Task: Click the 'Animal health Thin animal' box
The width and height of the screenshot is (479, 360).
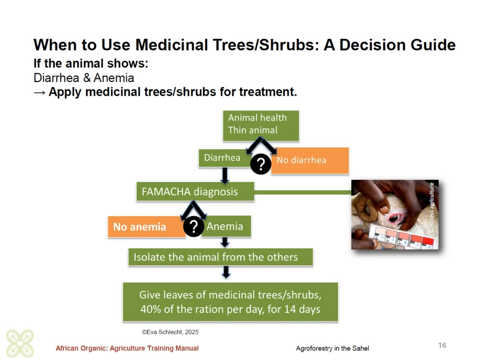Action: click(x=261, y=126)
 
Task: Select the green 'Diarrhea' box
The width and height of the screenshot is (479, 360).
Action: click(x=225, y=158)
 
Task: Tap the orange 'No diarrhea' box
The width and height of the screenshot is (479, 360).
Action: click(x=310, y=161)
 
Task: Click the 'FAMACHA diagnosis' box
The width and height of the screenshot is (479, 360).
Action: click(x=195, y=192)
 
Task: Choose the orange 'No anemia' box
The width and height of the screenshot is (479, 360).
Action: click(x=147, y=227)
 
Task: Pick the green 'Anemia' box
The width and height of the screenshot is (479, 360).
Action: click(x=226, y=226)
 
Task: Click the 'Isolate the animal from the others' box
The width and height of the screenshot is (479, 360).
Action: click(x=221, y=257)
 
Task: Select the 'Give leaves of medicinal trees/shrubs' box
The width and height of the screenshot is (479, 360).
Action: click(x=231, y=302)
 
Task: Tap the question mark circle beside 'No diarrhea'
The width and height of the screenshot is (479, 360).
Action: click(x=260, y=164)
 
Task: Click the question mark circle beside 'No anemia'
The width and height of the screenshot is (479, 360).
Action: click(x=194, y=227)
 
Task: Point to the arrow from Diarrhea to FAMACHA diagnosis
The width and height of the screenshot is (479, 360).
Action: click(x=225, y=175)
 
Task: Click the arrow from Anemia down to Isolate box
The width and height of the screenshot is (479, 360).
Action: click(x=225, y=242)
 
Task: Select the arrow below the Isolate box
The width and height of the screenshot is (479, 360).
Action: click(x=226, y=272)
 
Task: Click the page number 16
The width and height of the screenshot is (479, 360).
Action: click(x=442, y=346)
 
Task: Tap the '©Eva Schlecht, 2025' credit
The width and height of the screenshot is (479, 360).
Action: click(x=170, y=332)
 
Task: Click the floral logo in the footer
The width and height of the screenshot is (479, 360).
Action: click(x=20, y=343)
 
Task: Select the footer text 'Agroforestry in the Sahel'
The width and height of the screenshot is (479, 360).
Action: click(x=332, y=349)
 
